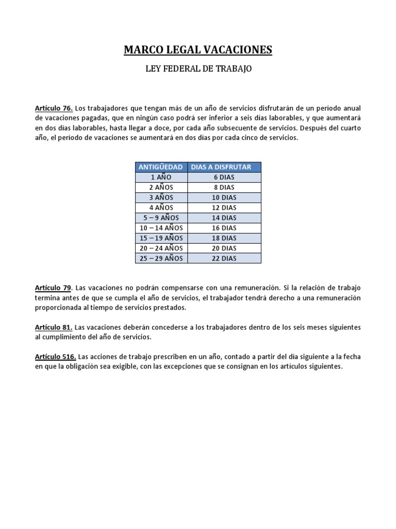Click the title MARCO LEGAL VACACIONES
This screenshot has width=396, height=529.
click(x=198, y=50)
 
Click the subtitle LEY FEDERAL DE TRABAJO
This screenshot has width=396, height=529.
click(x=198, y=69)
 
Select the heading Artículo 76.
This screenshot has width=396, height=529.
click(x=54, y=108)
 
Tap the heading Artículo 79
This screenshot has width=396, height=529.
click(x=54, y=287)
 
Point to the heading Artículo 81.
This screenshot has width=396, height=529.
click(x=54, y=328)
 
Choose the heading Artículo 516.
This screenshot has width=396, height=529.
click(x=56, y=357)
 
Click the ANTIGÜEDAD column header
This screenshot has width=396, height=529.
click(x=161, y=167)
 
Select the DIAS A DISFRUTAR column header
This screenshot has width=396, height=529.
click(x=224, y=167)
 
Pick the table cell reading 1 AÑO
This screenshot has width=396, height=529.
click(x=161, y=177)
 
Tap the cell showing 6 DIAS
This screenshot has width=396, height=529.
click(x=224, y=177)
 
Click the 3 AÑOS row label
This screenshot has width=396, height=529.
click(x=161, y=197)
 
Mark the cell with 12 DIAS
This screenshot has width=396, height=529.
click(x=224, y=208)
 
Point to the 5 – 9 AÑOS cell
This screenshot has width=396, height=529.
click(x=161, y=217)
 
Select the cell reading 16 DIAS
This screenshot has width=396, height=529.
click(x=224, y=228)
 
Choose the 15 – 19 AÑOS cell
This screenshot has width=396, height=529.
click(x=161, y=238)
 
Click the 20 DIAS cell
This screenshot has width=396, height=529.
click(x=224, y=248)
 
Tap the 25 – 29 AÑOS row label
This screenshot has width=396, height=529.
click(x=161, y=258)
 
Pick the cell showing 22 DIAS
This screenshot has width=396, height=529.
click(x=224, y=258)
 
